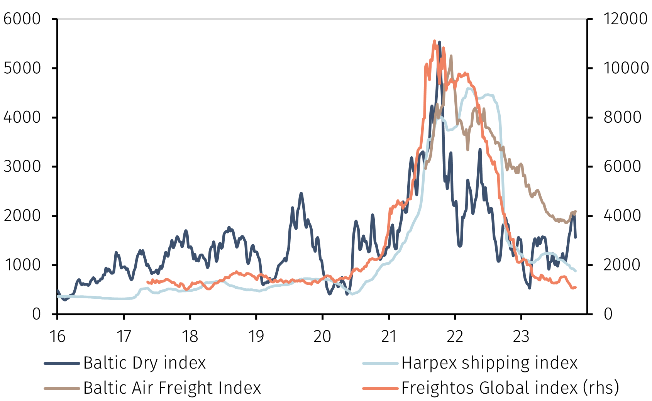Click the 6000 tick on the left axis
coord(22,19)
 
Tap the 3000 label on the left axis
coord(22,167)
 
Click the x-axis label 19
coord(256,337)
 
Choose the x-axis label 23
coord(521,337)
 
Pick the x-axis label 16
coord(58,337)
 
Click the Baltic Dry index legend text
coord(144,363)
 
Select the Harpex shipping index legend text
coord(489,363)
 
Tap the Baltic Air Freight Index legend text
coord(172,388)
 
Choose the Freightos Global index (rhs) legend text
coord(510,388)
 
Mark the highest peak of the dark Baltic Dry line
coord(439,42)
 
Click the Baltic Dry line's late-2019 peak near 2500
coord(301,193)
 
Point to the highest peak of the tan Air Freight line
coord(451,56)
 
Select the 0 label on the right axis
coord(608,314)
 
